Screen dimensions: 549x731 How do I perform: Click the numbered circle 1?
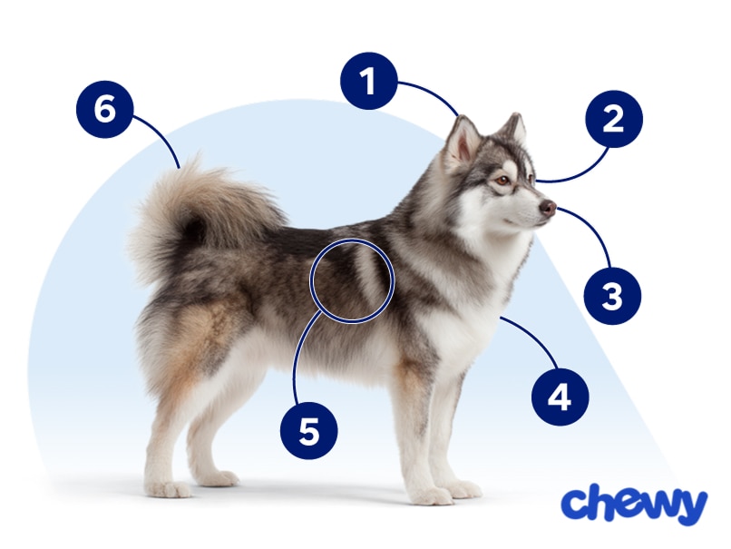[x=368, y=81]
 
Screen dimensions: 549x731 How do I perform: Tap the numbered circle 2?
[x=614, y=120]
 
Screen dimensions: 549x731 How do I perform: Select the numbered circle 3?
[x=612, y=295]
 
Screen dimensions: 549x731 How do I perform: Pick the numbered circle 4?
[x=560, y=397]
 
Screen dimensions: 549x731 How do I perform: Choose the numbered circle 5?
[x=309, y=431]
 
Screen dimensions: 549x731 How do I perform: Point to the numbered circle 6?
[x=104, y=111]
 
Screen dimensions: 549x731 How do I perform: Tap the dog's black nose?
[x=548, y=208]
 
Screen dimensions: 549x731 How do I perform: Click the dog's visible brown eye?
[x=502, y=181]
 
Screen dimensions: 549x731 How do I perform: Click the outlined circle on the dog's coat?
[x=352, y=280]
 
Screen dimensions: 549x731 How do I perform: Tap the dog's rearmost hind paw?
[x=168, y=488]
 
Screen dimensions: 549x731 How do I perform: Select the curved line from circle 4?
[x=535, y=346]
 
